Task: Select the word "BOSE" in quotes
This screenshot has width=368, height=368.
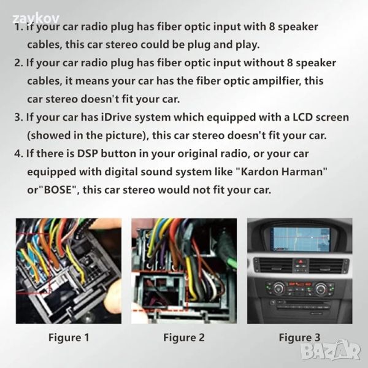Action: point(58,190)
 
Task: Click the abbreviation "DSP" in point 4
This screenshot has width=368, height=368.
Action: point(87,153)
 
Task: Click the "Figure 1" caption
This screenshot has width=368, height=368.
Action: point(69,337)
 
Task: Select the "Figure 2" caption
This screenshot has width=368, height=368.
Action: point(184,337)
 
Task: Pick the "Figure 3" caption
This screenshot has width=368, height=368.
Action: point(299,337)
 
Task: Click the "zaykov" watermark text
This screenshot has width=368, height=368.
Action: point(36,18)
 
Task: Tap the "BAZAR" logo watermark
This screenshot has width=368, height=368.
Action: point(331,351)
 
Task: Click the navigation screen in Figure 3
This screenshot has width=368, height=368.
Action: point(301,239)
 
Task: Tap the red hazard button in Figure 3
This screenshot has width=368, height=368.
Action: point(301,261)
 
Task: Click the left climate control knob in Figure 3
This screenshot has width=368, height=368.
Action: point(278,288)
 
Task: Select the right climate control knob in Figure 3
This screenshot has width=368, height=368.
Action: point(321,288)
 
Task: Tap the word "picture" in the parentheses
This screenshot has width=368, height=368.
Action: point(125,136)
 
